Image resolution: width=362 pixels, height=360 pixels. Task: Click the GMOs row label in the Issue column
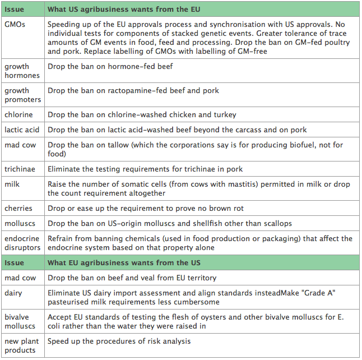[15, 25]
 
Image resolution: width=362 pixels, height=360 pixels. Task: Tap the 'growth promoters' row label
[23, 95]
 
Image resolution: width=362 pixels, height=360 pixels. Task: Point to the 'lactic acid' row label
[21, 130]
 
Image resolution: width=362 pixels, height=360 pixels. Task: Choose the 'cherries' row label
[18, 208]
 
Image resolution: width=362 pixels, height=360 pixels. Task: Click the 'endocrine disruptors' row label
[22, 243]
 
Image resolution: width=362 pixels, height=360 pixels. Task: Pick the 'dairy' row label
[13, 292]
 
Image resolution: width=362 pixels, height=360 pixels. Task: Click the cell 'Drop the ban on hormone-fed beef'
[110, 66]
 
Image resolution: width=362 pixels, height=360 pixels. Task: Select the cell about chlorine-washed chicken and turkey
[142, 114]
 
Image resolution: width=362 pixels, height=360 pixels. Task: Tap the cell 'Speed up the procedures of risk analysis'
[119, 341]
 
